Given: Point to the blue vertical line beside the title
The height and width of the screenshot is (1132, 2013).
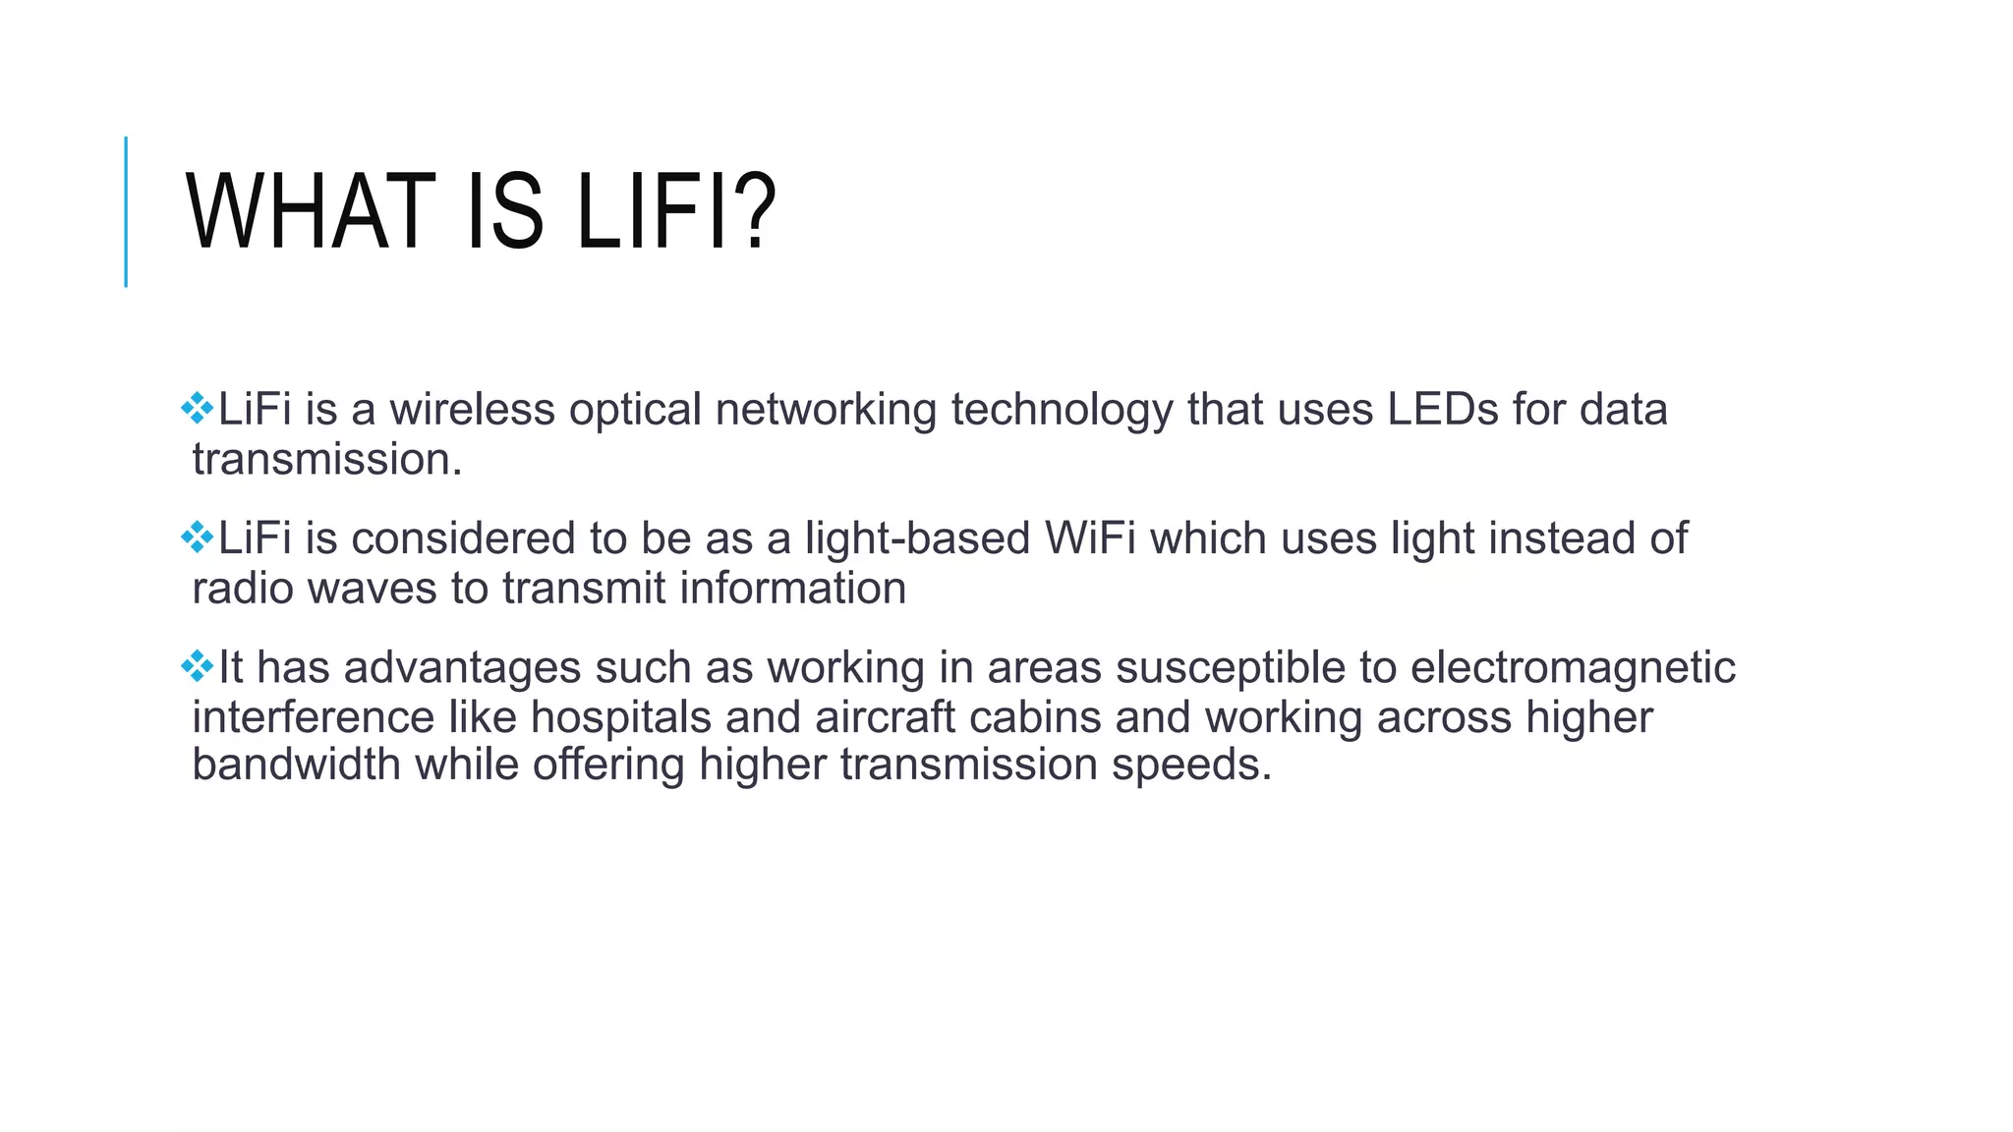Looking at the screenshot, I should [x=126, y=211].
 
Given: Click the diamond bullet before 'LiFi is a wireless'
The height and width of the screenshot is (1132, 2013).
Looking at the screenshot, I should [x=198, y=408].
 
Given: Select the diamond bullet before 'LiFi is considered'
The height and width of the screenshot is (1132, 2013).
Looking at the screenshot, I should [x=198, y=537].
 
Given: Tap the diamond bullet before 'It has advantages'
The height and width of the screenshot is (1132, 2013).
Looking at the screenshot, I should [x=198, y=666].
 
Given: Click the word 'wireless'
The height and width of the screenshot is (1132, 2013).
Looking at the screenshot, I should [x=472, y=409].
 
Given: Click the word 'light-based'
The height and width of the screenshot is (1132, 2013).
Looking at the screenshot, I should [x=917, y=538].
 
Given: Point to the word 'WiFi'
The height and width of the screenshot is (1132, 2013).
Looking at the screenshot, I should [x=1090, y=538].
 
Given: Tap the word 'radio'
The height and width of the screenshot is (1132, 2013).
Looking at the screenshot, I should [x=243, y=589].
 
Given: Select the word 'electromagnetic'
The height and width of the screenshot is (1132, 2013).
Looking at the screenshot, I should [x=1573, y=668].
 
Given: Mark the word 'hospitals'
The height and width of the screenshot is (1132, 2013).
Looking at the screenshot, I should [x=621, y=717].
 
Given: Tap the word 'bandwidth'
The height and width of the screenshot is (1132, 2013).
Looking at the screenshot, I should [x=296, y=764].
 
